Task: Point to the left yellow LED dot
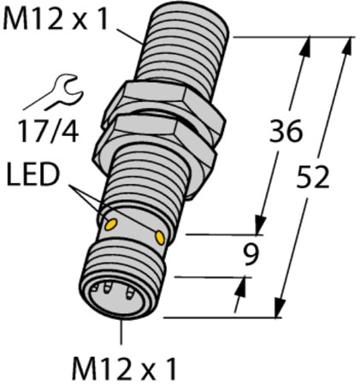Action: pos(110,225)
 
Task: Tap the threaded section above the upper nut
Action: pos(180,51)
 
